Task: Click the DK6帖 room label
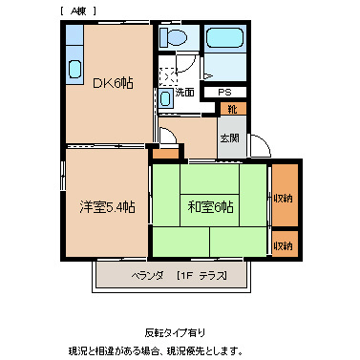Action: [x=113, y=83]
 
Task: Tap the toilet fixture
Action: [x=174, y=39]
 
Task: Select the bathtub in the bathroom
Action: [x=225, y=42]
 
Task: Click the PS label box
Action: [x=225, y=92]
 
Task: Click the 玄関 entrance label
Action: [x=230, y=138]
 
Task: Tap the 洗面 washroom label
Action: [x=185, y=93]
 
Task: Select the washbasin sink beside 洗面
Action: [x=166, y=96]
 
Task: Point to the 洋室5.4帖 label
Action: [x=107, y=207]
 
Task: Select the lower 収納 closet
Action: [x=284, y=245]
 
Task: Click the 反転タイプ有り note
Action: [x=175, y=332]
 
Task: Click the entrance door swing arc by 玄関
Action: [x=258, y=145]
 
